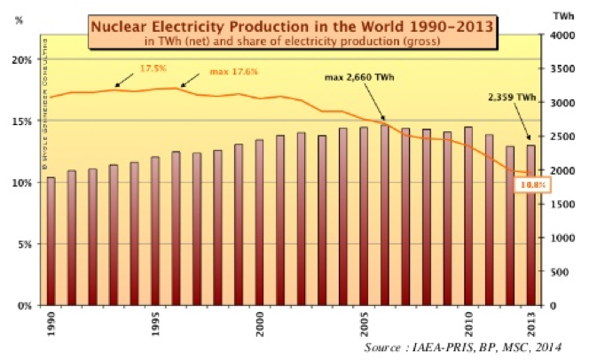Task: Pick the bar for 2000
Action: [x=260, y=223]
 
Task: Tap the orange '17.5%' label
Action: [x=153, y=68]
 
